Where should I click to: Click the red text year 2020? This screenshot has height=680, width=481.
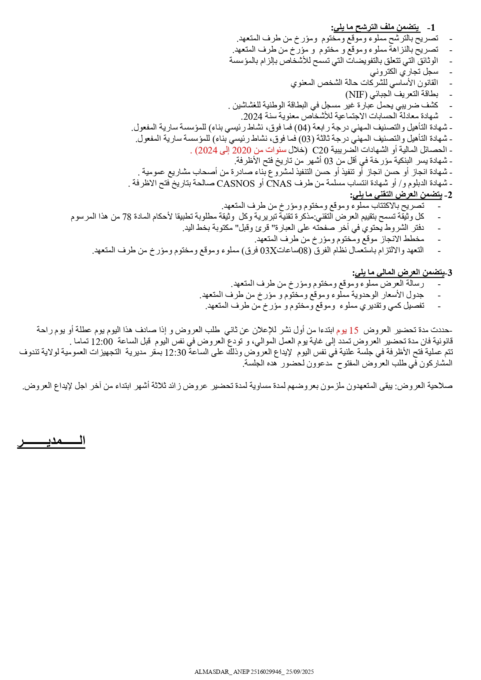pos(242,150)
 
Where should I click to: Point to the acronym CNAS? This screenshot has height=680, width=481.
pos(279,183)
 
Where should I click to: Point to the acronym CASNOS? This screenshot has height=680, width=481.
pos(236,183)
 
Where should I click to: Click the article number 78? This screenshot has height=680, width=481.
pos(127,217)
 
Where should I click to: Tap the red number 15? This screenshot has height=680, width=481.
pos(354,330)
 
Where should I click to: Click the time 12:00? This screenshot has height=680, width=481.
pos(102,341)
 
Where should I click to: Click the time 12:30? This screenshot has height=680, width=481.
pos(176,352)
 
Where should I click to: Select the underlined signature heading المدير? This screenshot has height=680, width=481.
pos(51,441)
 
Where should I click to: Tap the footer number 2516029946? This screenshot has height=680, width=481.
pos(265,671)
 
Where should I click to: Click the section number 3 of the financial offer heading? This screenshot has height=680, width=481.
pos(450,272)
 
